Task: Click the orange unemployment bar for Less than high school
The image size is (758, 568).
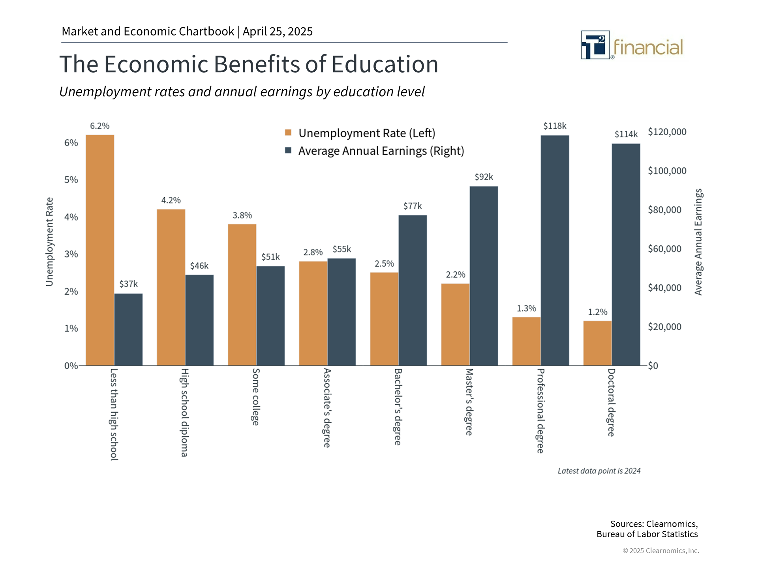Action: [100, 250]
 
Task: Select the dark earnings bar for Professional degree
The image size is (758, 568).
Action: [555, 250]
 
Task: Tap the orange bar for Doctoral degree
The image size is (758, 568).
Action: [597, 343]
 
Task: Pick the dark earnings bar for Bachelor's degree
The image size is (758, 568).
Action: [413, 290]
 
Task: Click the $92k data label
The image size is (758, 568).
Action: [484, 177]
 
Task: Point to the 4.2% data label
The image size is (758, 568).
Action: [171, 200]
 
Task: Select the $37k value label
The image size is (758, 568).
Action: [128, 284]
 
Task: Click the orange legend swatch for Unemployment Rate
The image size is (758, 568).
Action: [288, 133]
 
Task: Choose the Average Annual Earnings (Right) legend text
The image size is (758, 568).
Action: [381, 151]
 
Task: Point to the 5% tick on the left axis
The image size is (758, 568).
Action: [71, 180]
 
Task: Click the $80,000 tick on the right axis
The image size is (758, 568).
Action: [664, 210]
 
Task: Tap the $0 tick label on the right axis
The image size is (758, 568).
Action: [653, 366]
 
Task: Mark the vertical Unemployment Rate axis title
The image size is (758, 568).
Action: [49, 241]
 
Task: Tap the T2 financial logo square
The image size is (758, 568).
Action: [595, 45]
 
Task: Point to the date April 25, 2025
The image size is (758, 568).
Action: [278, 32]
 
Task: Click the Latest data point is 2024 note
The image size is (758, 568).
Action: [599, 471]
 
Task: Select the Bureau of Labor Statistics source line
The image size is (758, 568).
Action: [647, 534]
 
